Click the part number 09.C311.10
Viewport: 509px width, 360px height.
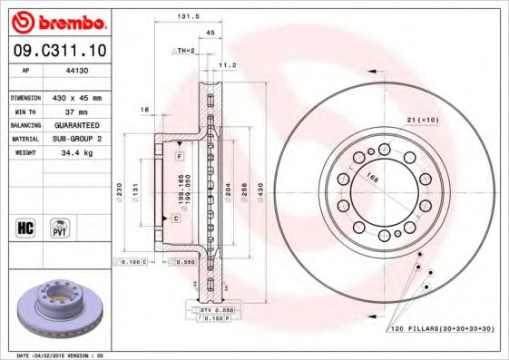(x=56, y=50)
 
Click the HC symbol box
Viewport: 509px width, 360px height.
(x=25, y=226)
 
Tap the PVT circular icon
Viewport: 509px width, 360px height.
(x=61, y=226)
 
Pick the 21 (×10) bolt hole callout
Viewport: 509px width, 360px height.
(x=422, y=120)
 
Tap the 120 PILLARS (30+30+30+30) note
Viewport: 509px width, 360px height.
(x=444, y=327)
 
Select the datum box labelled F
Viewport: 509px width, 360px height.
(x=181, y=157)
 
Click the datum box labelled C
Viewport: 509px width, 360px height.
(x=175, y=219)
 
